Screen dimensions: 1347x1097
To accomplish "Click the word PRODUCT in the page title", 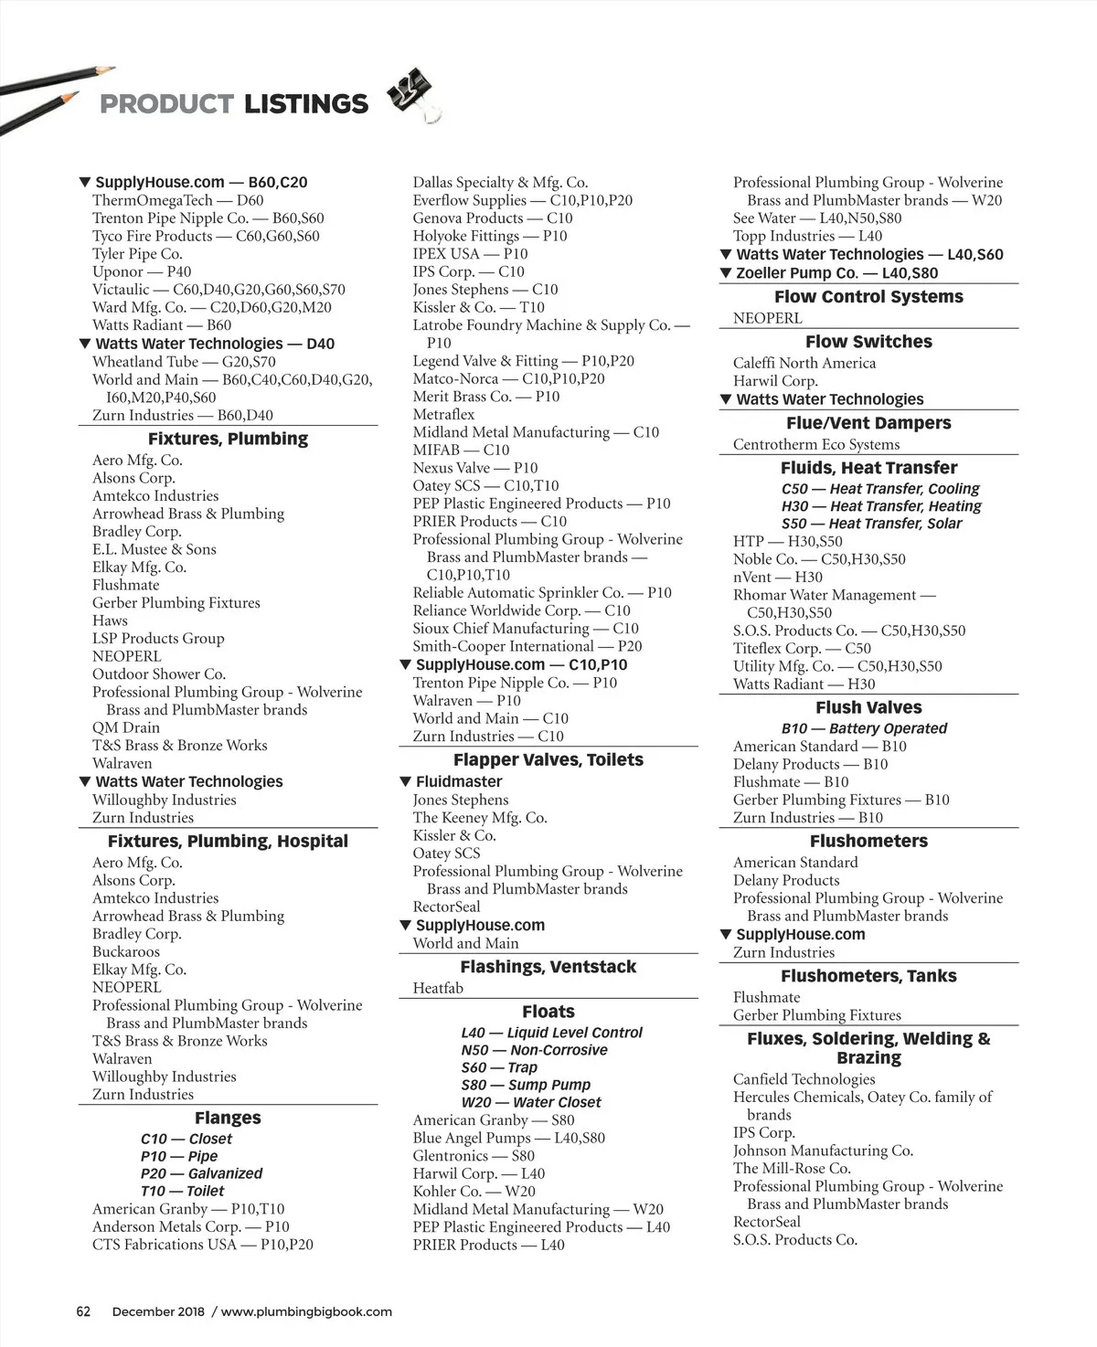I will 166,104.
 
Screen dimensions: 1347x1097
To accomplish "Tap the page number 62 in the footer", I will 83,1311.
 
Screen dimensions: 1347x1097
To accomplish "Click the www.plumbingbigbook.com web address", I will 306,1311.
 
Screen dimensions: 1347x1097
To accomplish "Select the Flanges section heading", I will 228,1118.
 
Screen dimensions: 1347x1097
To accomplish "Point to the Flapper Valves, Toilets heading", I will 548,759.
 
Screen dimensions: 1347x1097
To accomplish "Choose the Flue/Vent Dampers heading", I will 868,423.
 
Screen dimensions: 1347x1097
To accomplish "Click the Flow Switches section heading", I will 868,342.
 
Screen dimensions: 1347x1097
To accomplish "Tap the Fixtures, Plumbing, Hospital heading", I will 228,841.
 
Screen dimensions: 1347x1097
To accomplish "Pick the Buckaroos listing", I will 126,951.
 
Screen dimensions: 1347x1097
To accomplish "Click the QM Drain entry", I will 126,727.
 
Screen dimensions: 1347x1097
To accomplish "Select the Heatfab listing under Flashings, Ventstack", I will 438,988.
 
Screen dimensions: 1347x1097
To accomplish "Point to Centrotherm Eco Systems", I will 816,445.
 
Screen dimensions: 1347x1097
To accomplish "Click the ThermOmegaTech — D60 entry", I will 177,200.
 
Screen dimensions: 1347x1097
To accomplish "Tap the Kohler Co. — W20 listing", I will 474,1192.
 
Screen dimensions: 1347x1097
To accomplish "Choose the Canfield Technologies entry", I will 804,1079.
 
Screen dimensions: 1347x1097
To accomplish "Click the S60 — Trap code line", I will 499,1067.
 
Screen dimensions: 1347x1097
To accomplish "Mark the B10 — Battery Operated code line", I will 864,728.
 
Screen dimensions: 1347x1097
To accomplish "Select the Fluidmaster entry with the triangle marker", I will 459,781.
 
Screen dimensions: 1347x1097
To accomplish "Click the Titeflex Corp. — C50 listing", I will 802,649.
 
